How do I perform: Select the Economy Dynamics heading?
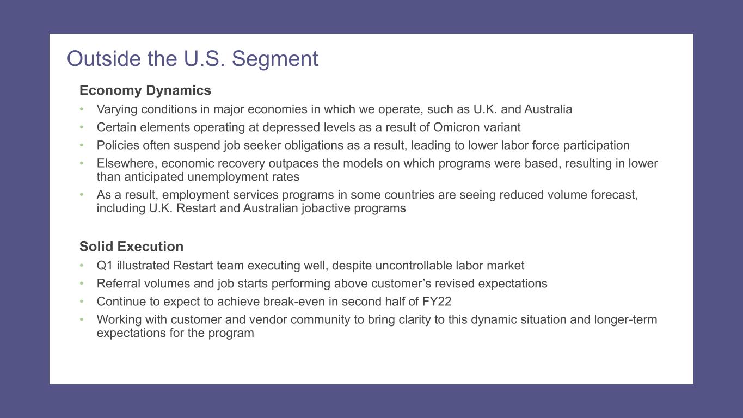(145, 90)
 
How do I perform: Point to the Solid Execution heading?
(131, 247)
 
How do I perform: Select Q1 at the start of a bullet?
(105, 266)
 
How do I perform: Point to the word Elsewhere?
(127, 164)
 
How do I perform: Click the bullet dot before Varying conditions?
(82, 109)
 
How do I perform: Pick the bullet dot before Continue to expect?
(82, 302)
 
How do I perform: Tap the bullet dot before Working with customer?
(82, 319)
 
